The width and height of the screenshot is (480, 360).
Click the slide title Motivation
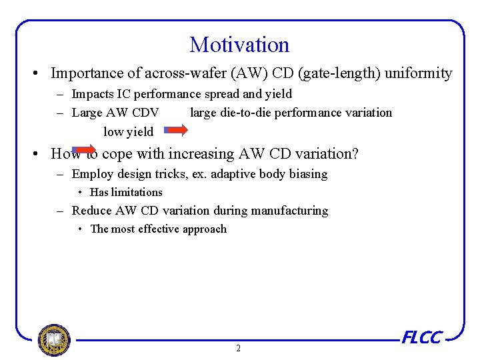pyautogui.click(x=239, y=45)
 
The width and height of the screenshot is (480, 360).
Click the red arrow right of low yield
pyautogui.click(x=176, y=131)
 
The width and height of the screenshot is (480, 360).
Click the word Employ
pyautogui.click(x=92, y=174)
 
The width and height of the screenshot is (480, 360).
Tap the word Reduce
pyautogui.click(x=91, y=211)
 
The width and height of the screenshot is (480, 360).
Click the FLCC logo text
pyautogui.click(x=421, y=337)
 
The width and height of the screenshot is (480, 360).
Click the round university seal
pyautogui.click(x=54, y=340)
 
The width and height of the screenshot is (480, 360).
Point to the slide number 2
pyautogui.click(x=239, y=348)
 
